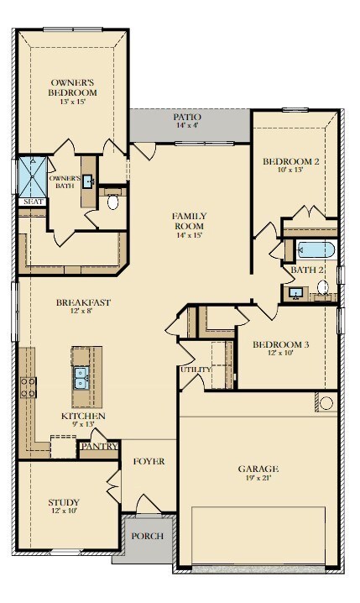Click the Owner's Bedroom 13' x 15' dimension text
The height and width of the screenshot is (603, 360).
pyautogui.click(x=72, y=102)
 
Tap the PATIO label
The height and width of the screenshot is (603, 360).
pyautogui.click(x=187, y=117)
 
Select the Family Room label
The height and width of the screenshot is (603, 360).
pyautogui.click(x=189, y=221)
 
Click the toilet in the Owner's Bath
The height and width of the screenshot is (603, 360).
pyautogui.click(x=112, y=202)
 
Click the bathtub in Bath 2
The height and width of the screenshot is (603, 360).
pyautogui.click(x=316, y=249)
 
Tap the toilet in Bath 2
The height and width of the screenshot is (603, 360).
pyautogui.click(x=323, y=287)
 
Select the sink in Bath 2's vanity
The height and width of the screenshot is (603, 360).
pyautogui.click(x=295, y=294)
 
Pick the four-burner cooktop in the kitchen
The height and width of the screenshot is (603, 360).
pyautogui.click(x=29, y=387)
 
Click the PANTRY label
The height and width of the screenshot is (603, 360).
pyautogui.click(x=100, y=446)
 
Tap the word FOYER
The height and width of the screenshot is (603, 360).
pyautogui.click(x=149, y=461)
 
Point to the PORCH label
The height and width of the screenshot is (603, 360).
pyautogui.click(x=147, y=536)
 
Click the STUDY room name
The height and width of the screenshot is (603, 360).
pyautogui.click(x=64, y=502)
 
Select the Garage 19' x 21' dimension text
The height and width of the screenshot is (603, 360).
pyautogui.click(x=258, y=478)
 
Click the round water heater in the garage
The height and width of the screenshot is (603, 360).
pyautogui.click(x=326, y=403)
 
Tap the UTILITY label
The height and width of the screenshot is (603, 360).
pyautogui.click(x=196, y=370)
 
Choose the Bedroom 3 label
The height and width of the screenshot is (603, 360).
pyautogui.click(x=280, y=344)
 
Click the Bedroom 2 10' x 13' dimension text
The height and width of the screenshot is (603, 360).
pyautogui.click(x=291, y=170)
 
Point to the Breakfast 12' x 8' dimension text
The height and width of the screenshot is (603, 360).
pyautogui.click(x=83, y=311)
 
